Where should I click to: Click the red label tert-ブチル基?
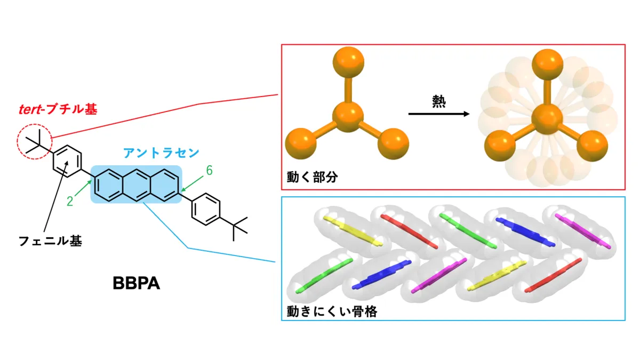click(x=58, y=109)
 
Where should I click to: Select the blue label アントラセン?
click(x=161, y=153)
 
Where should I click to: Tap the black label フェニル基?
click(x=50, y=241)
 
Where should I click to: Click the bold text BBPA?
click(x=137, y=283)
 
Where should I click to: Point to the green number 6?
click(x=210, y=171)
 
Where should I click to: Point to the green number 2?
click(x=70, y=202)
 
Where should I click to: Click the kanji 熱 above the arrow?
click(x=439, y=101)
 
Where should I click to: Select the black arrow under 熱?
click(x=439, y=114)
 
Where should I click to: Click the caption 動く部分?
click(x=313, y=177)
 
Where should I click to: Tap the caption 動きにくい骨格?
click(x=332, y=311)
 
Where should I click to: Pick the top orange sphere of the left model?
click(x=348, y=62)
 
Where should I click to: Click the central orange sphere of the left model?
click(x=348, y=117)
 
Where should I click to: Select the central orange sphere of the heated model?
click(x=547, y=119)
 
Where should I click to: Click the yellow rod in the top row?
click(x=353, y=231)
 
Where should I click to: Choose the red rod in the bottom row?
click(x=553, y=275)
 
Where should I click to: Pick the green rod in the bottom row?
click(x=324, y=276)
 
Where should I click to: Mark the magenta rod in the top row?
click(x=583, y=231)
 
